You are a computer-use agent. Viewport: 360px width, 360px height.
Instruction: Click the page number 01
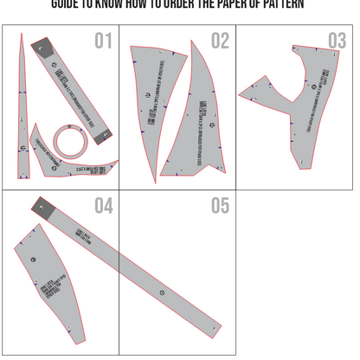(103, 41)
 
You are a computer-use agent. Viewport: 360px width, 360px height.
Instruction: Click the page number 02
(220, 41)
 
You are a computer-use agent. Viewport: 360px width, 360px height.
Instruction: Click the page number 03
(337, 41)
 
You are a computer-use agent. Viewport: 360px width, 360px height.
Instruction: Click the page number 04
(103, 206)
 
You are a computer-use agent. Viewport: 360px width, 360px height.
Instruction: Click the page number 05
(220, 206)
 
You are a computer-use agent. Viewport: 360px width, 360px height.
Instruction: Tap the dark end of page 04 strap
(42, 206)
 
